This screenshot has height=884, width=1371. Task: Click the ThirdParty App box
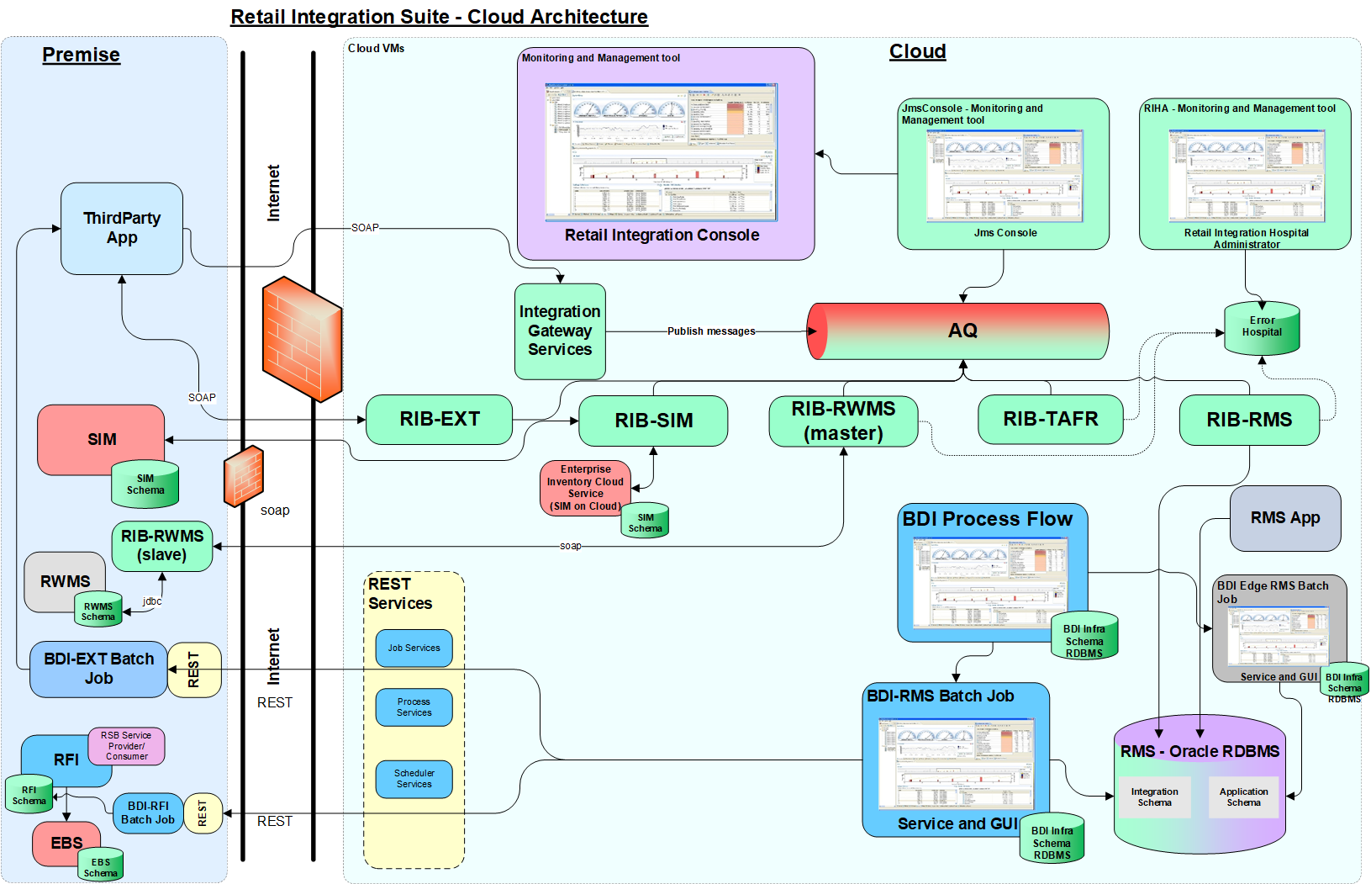122,228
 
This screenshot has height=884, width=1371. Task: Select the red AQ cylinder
958,331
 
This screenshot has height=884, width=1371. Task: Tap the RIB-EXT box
439,419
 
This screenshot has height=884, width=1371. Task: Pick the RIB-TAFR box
1050,419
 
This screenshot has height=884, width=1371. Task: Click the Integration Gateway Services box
560,331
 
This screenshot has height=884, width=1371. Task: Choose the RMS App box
1284,518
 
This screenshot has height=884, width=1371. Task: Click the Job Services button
414,648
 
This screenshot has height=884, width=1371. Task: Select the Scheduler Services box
414,779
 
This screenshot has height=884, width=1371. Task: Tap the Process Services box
414,707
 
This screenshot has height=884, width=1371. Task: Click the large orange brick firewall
302,338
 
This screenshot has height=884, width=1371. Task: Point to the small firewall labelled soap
244,477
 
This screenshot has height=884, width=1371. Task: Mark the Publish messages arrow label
711,331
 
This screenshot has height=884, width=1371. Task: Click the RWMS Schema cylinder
98,611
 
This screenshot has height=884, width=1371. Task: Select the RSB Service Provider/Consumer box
127,746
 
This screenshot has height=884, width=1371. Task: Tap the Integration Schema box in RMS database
1154,797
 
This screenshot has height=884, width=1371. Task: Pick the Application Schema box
1243,797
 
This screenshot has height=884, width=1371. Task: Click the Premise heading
81,55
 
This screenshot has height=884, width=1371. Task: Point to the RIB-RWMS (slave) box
162,545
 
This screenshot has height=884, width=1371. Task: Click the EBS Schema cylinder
101,866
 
